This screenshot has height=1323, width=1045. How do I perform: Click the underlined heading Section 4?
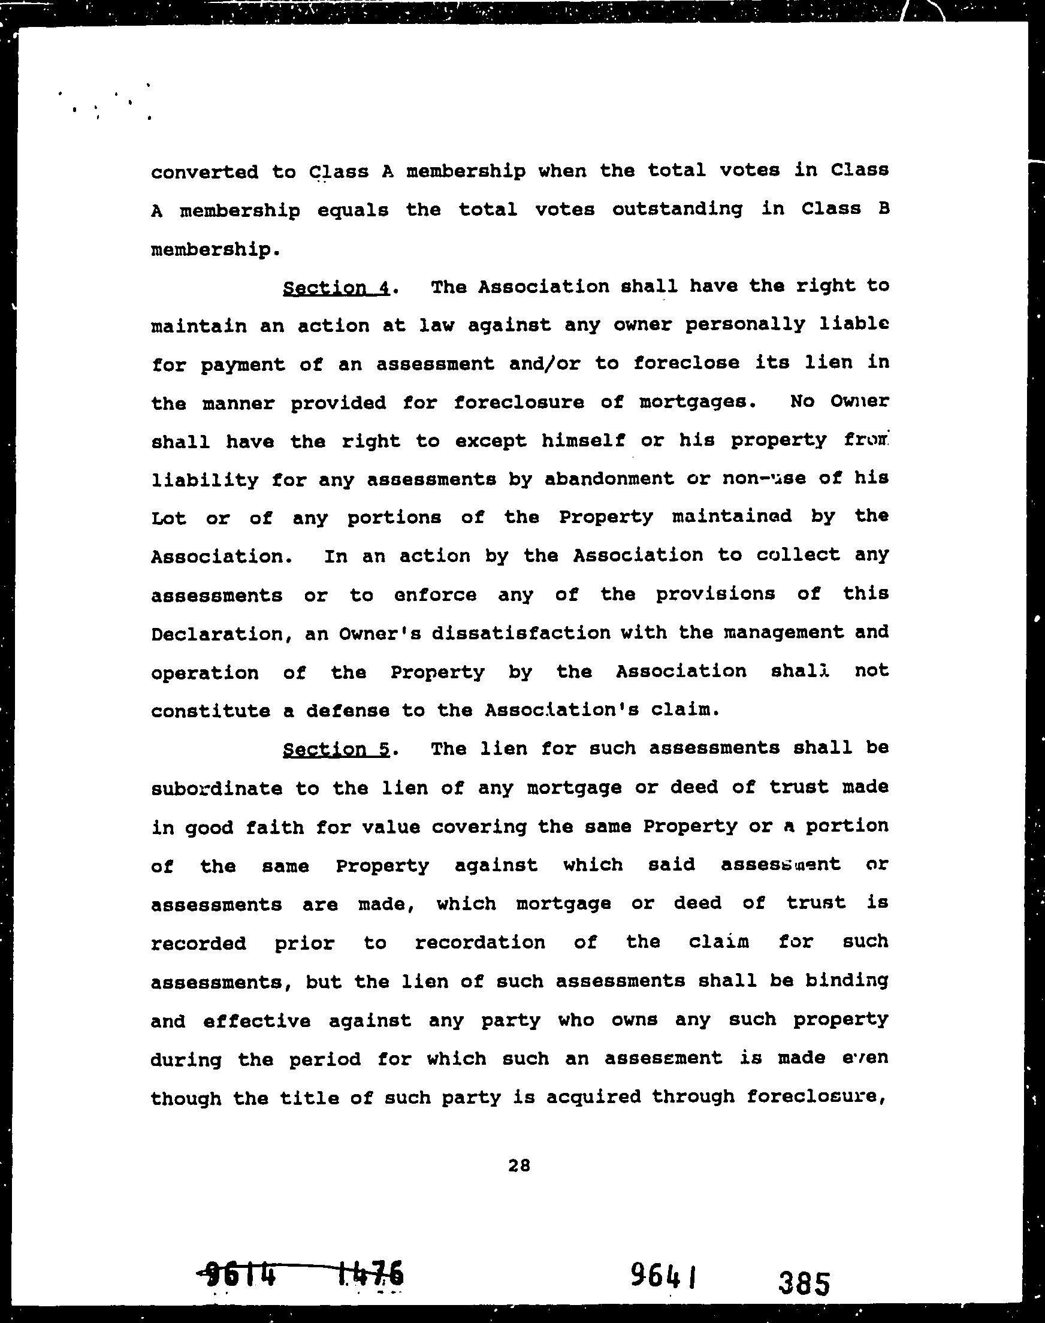[x=336, y=288]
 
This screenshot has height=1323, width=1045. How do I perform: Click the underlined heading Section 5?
[x=336, y=749]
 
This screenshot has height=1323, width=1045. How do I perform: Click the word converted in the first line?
[x=204, y=172]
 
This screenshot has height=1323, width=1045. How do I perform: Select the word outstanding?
[x=677, y=210]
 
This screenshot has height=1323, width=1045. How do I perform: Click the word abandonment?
[x=609, y=479]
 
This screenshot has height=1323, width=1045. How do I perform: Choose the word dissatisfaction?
[x=521, y=633]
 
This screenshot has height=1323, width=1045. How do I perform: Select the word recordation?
[x=480, y=942]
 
